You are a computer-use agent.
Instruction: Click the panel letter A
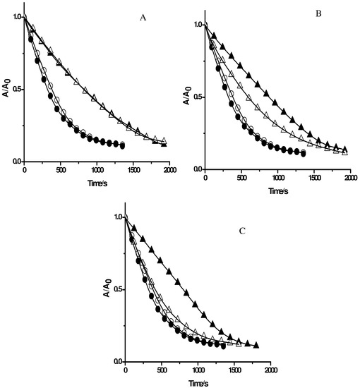click(143, 20)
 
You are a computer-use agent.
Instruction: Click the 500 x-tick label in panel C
click(162, 370)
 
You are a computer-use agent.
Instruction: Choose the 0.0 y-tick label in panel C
click(115, 362)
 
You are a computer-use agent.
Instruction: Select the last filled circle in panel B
click(303, 153)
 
